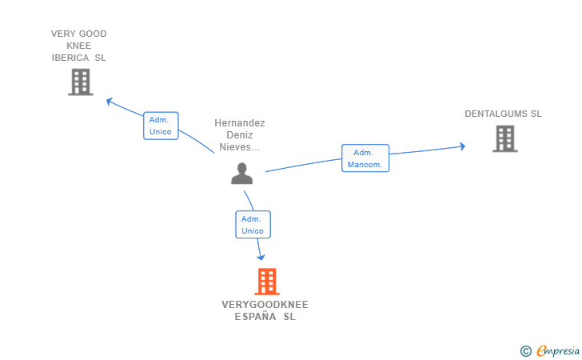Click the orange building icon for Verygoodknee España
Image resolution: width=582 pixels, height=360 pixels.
[266, 282]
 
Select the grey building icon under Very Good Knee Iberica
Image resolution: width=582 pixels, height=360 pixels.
[81, 82]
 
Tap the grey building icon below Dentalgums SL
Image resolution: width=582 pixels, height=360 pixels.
[504, 138]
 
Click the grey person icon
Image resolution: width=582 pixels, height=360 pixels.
[241, 173]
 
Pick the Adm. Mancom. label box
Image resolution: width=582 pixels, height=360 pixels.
[365, 158]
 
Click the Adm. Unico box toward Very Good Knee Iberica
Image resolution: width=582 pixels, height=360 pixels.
[161, 126]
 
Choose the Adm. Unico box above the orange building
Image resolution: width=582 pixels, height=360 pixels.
[253, 225]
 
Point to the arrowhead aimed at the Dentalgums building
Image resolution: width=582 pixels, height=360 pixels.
[461, 146]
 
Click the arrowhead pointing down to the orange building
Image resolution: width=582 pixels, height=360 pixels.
[261, 256]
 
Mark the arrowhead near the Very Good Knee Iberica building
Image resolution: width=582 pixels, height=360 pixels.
[110, 102]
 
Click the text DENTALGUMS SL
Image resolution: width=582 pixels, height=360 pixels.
[503, 114]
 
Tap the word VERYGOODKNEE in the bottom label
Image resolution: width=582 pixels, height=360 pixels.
[265, 305]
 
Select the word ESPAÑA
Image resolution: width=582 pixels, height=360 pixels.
[254, 317]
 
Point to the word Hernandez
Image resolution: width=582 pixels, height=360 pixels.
[240, 123]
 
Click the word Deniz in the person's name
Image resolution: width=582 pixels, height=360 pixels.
[240, 135]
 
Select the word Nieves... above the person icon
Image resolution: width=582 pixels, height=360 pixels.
[240, 147]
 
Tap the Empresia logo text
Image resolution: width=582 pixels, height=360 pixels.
[558, 350]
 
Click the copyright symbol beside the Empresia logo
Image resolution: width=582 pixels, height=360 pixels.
[525, 350]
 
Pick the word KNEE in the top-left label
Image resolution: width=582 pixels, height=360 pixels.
[78, 46]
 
